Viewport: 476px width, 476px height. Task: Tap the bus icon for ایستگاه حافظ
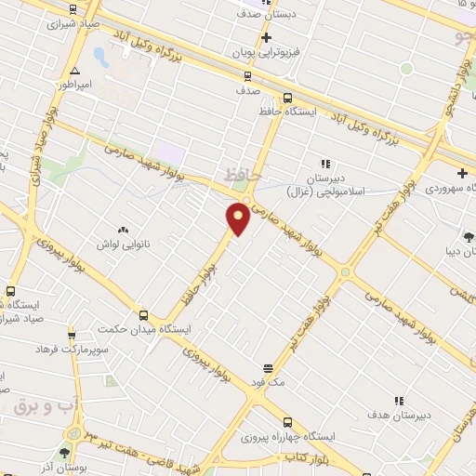click(286, 98)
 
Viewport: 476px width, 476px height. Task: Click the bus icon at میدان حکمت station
click(143, 315)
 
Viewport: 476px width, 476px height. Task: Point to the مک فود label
click(268, 382)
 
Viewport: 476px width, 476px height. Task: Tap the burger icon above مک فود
click(268, 368)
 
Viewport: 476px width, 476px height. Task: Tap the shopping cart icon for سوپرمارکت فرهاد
click(72, 335)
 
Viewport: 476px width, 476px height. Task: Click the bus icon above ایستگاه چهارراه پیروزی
click(286, 421)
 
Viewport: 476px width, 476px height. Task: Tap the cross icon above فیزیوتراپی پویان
click(267, 38)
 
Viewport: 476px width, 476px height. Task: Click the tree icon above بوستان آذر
click(63, 453)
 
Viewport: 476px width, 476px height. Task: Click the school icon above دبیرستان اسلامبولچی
click(325, 165)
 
